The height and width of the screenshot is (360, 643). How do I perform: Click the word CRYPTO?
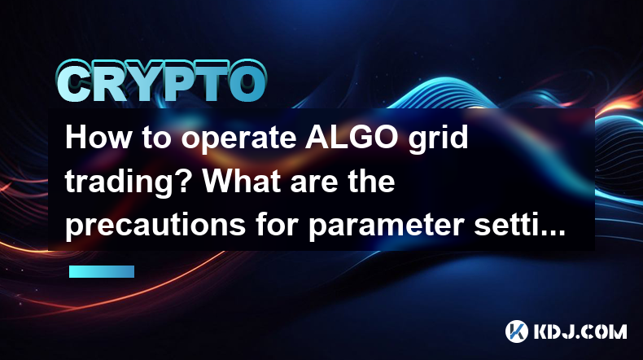(x=161, y=81)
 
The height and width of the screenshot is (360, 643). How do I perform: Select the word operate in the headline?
(x=239, y=139)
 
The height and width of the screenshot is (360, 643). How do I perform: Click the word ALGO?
(x=352, y=137)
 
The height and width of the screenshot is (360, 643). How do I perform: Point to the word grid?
(x=438, y=139)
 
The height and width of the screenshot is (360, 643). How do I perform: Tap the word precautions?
(x=155, y=227)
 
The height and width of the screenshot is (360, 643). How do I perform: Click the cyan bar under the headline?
(x=102, y=271)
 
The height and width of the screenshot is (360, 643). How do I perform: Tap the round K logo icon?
(x=517, y=331)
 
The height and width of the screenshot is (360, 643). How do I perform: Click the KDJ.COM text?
(x=580, y=331)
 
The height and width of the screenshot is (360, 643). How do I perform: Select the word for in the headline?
(x=280, y=225)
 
